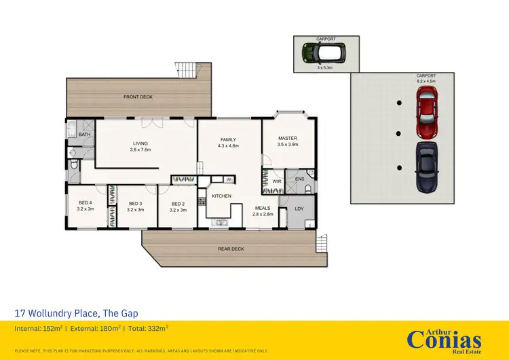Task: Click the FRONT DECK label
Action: (x=138, y=97)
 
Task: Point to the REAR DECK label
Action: (x=231, y=249)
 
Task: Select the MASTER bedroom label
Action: (x=288, y=138)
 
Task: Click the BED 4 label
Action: (x=86, y=203)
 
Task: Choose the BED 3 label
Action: (x=135, y=203)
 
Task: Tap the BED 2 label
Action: (x=178, y=203)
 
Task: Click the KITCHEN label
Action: (x=221, y=196)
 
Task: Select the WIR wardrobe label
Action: (x=277, y=181)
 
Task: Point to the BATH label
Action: (x=84, y=135)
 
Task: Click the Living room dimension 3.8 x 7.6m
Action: (x=140, y=149)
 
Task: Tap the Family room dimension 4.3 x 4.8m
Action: (x=229, y=145)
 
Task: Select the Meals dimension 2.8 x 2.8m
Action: (x=263, y=214)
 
